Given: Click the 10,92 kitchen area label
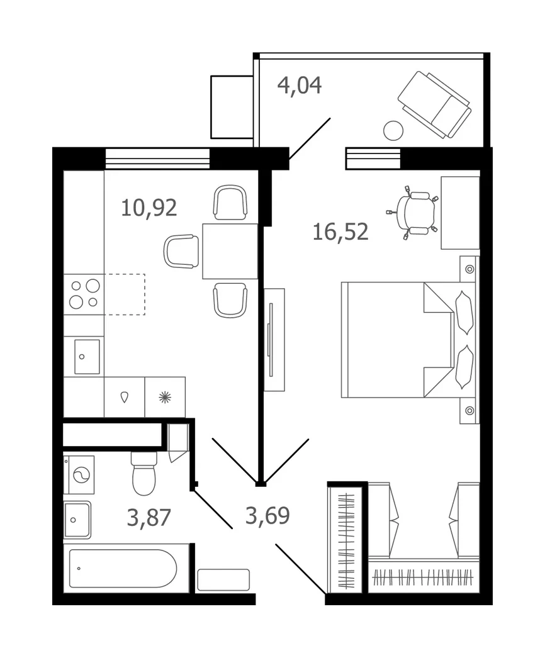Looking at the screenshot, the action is (x=149, y=208).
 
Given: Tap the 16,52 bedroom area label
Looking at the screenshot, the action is (x=340, y=231).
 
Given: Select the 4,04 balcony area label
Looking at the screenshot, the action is (x=300, y=85).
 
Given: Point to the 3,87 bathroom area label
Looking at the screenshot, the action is (x=149, y=517).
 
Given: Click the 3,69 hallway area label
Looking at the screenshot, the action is (x=267, y=515).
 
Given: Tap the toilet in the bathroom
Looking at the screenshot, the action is (x=144, y=473).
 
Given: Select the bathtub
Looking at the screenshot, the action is (x=123, y=568).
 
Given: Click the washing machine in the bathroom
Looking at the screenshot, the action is (x=79, y=475).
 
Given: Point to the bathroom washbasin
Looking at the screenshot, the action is (x=77, y=520).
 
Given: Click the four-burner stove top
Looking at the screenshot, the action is (x=84, y=294).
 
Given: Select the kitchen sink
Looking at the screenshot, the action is (x=87, y=357).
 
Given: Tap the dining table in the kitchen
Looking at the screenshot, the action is (x=230, y=252).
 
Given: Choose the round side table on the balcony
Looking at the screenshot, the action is (x=393, y=130).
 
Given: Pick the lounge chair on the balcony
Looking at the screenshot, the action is (x=435, y=104).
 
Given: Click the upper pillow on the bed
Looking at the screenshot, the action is (x=464, y=313).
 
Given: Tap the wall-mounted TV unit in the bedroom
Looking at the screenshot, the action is (x=274, y=340).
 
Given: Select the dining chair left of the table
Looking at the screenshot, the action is (x=181, y=251).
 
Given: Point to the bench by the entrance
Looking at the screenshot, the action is (x=223, y=579).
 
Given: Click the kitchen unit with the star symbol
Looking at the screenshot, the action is (x=165, y=397).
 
